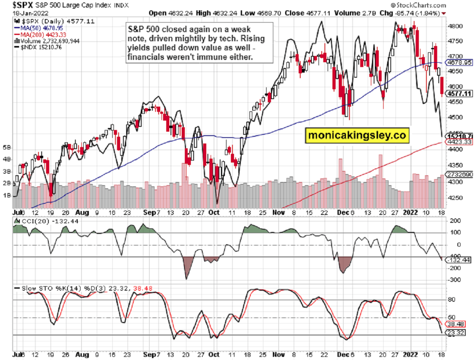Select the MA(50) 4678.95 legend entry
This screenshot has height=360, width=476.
tap(36, 28)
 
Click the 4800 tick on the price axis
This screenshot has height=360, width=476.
tap(453, 26)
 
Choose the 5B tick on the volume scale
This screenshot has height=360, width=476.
tap(7, 148)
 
